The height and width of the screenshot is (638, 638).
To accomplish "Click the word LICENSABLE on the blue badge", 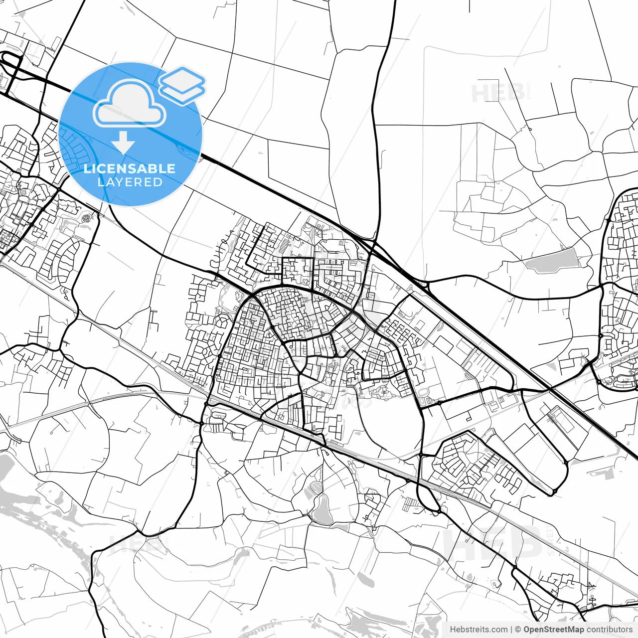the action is pos(130,168).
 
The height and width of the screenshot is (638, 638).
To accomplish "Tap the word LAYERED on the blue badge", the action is pos(130,182).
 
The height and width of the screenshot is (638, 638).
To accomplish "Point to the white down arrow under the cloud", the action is pos(123,142).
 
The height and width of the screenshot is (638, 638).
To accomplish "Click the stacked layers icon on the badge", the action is pos(182,85).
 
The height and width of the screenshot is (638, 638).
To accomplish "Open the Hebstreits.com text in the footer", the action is pos(478,630).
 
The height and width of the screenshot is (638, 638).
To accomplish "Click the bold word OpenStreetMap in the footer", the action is pos(553,630).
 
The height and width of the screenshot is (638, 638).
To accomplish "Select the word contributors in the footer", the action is pos(609,630).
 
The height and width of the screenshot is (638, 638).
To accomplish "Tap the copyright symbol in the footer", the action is pos(518,630).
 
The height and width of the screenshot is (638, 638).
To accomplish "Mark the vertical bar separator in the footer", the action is pos(511,630).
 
